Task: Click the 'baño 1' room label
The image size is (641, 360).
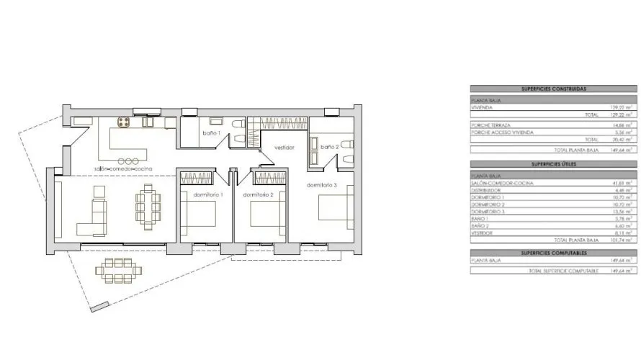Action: [x=210, y=134]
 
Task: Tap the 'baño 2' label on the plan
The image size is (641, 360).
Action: [x=329, y=147]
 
